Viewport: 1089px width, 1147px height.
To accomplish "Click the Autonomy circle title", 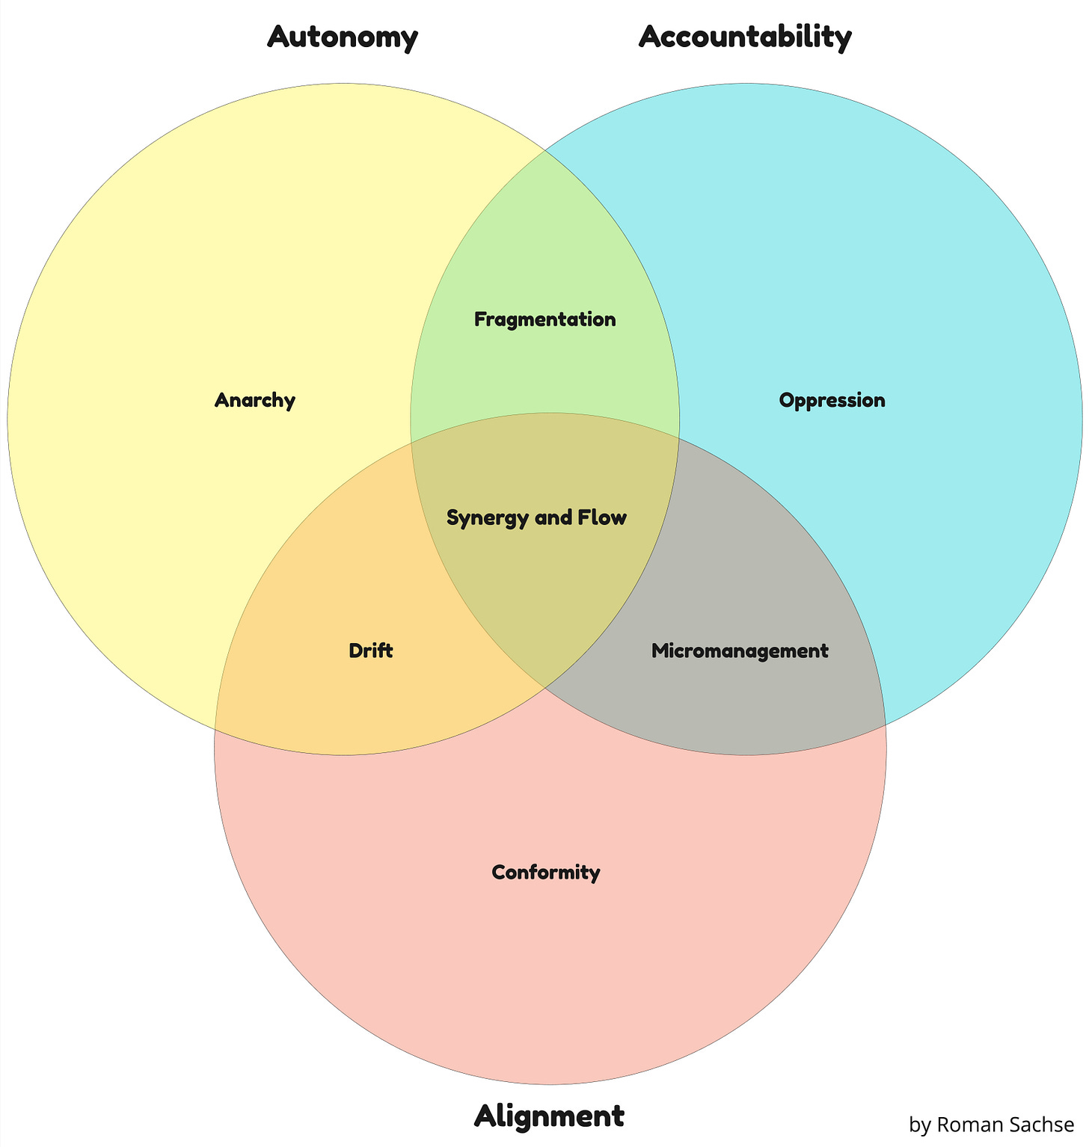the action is (x=343, y=37).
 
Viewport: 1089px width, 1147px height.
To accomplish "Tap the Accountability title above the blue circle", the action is (x=745, y=37).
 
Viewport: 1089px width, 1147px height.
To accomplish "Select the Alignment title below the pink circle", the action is (x=549, y=1116).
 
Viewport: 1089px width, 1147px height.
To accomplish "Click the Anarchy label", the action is (x=255, y=400).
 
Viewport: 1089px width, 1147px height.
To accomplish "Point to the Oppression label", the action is (x=832, y=400).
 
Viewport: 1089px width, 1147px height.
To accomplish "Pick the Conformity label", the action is (x=546, y=872).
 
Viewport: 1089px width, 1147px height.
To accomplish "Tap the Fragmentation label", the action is (x=545, y=319).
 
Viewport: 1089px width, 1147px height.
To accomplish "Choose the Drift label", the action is (x=371, y=651).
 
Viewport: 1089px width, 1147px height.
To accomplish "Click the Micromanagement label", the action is (x=740, y=651).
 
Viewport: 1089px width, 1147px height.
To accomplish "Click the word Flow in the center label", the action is (x=606, y=517).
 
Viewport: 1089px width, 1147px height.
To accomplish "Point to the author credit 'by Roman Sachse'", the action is (x=991, y=1125).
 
